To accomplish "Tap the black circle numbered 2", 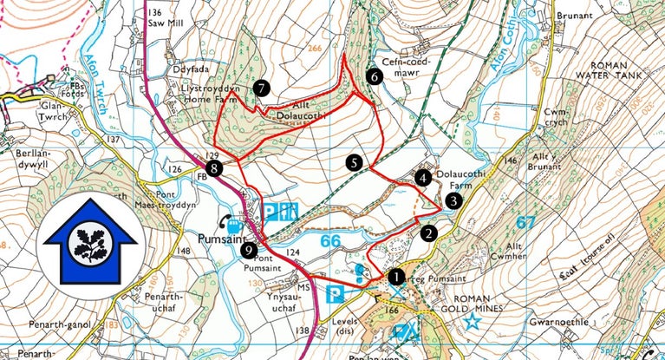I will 427,232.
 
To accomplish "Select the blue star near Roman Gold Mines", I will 473,322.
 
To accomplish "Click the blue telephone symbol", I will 226,220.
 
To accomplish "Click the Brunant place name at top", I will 575,16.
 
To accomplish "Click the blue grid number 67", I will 525,223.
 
